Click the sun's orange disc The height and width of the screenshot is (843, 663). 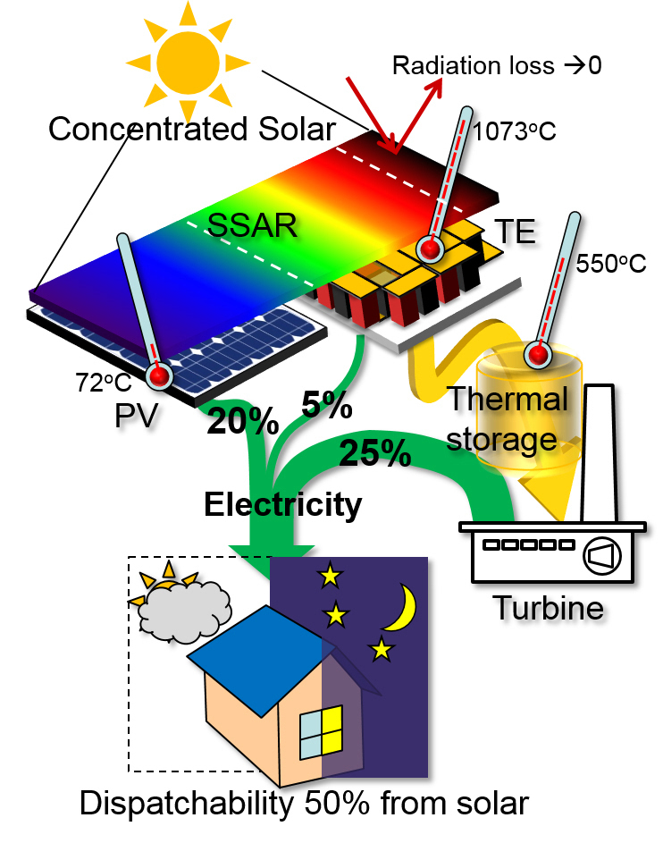point(187,58)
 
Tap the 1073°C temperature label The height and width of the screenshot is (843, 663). point(513,131)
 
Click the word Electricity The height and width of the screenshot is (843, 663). point(282,505)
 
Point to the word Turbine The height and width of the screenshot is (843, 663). point(549,609)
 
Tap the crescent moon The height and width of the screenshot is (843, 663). point(401,607)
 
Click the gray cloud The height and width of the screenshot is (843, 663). point(184,608)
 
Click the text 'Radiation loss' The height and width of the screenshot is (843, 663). point(457,65)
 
